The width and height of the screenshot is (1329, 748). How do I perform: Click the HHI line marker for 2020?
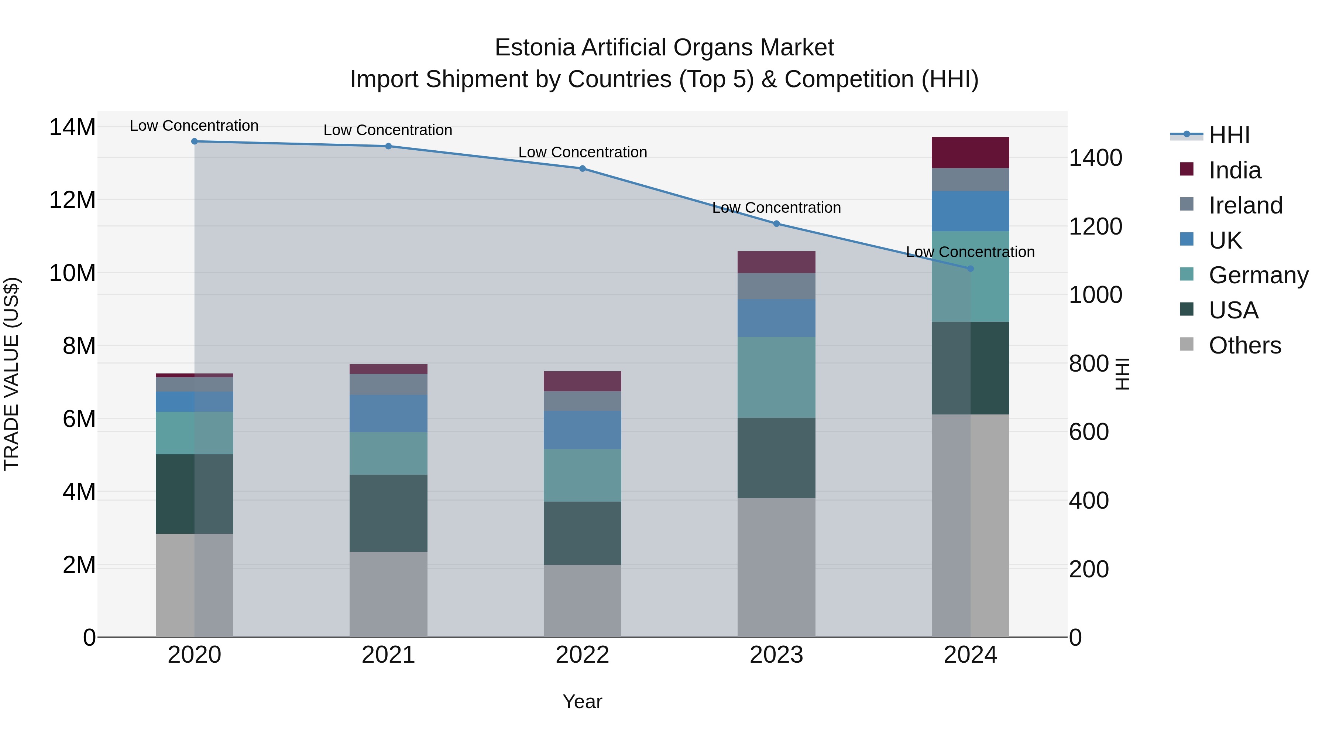tap(195, 141)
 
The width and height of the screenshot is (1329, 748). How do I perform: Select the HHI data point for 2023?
tap(776, 223)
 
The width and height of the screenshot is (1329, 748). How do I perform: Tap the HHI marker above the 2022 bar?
tap(583, 168)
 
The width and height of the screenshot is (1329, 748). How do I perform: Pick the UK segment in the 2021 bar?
tap(388, 413)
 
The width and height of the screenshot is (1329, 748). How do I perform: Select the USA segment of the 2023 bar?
tap(776, 458)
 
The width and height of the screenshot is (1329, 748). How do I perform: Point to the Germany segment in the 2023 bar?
tap(776, 378)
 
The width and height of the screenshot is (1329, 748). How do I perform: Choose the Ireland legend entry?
tap(1245, 205)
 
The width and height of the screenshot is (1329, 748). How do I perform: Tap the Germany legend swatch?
tap(1187, 274)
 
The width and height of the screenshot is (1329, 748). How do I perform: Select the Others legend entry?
tap(1244, 345)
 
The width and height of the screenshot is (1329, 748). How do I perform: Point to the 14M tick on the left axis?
tap(72, 127)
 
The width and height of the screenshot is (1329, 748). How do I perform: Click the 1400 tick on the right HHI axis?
tap(1095, 158)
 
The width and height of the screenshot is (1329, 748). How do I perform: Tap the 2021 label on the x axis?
tap(388, 655)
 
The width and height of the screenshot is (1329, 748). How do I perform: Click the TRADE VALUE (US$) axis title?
tap(11, 374)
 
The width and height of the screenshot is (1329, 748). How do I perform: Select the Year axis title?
tap(583, 701)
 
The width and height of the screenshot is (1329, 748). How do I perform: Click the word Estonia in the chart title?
tap(535, 48)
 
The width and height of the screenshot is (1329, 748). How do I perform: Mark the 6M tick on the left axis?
tap(79, 419)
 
